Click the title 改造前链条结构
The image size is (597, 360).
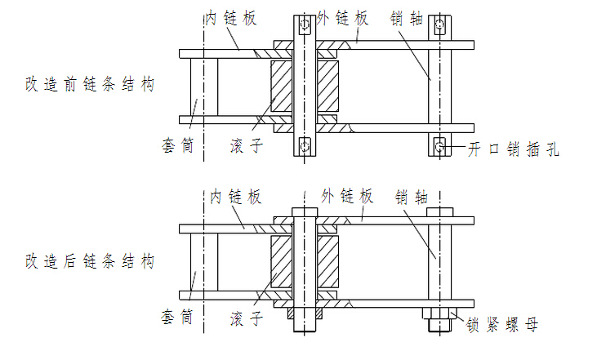[89, 85]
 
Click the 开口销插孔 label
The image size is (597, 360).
[513, 149]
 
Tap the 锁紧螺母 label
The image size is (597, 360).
[502, 326]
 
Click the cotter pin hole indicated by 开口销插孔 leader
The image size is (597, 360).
[440, 147]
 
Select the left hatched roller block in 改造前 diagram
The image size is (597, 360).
[281, 87]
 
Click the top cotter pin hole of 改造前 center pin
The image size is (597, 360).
[305, 27]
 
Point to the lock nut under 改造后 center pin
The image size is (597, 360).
[305, 313]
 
